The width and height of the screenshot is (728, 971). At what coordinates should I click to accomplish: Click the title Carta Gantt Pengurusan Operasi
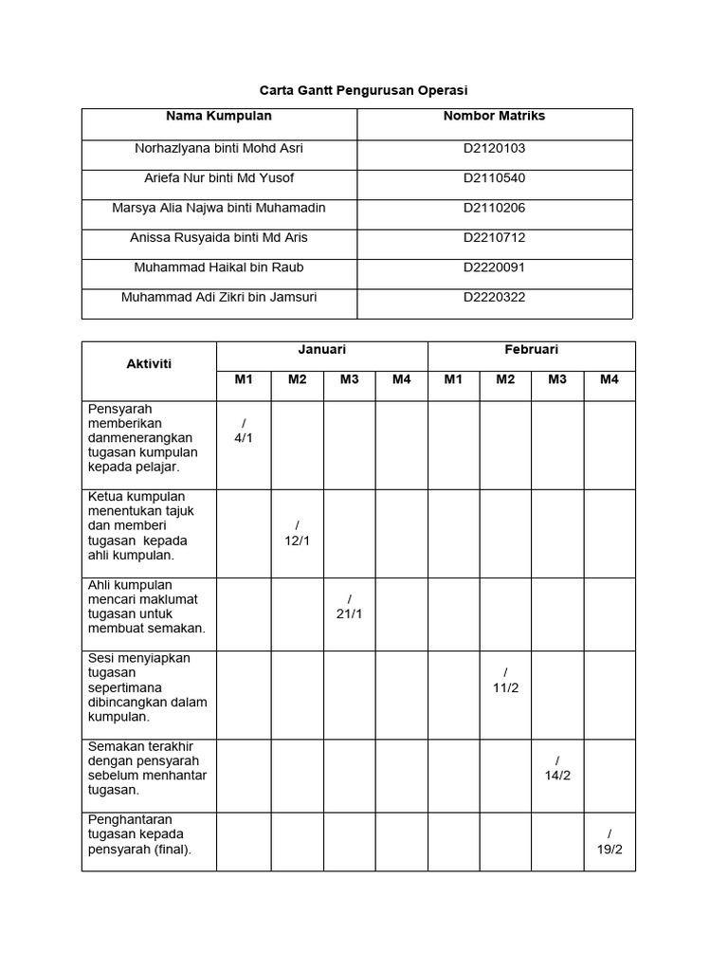pos(364,90)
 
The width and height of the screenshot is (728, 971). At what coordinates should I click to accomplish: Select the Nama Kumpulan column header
pos(219,117)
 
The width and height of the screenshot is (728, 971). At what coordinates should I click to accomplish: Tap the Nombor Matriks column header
pos(494,117)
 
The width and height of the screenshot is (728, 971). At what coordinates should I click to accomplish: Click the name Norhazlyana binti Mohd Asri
pos(219,149)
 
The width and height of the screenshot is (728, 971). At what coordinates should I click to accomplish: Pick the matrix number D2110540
pos(494,178)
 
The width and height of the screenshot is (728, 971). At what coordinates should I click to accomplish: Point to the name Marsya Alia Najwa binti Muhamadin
pos(219,208)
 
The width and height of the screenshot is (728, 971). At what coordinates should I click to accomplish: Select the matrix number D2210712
pos(494,237)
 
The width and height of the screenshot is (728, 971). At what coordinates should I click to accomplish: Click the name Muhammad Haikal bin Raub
pos(219,267)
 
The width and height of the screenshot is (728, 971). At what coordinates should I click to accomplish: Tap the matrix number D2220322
pos(494,297)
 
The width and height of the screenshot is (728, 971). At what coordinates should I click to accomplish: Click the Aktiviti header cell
pos(149,365)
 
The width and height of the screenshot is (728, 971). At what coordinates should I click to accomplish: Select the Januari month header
pos(321,351)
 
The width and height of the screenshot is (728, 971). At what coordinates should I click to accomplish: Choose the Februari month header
pos(531,351)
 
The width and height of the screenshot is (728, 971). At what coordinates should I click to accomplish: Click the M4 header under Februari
pos(609,380)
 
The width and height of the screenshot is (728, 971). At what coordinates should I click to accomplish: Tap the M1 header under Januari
pos(244,380)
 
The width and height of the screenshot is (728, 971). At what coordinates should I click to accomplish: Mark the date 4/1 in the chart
pos(244,438)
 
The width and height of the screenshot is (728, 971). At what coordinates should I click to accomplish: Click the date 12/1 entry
pos(298,540)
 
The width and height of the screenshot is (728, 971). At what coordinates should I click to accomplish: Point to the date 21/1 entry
pos(350,614)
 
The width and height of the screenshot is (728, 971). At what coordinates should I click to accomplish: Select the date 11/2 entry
pos(505,687)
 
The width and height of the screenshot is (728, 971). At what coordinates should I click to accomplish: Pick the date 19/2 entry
pos(610,849)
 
